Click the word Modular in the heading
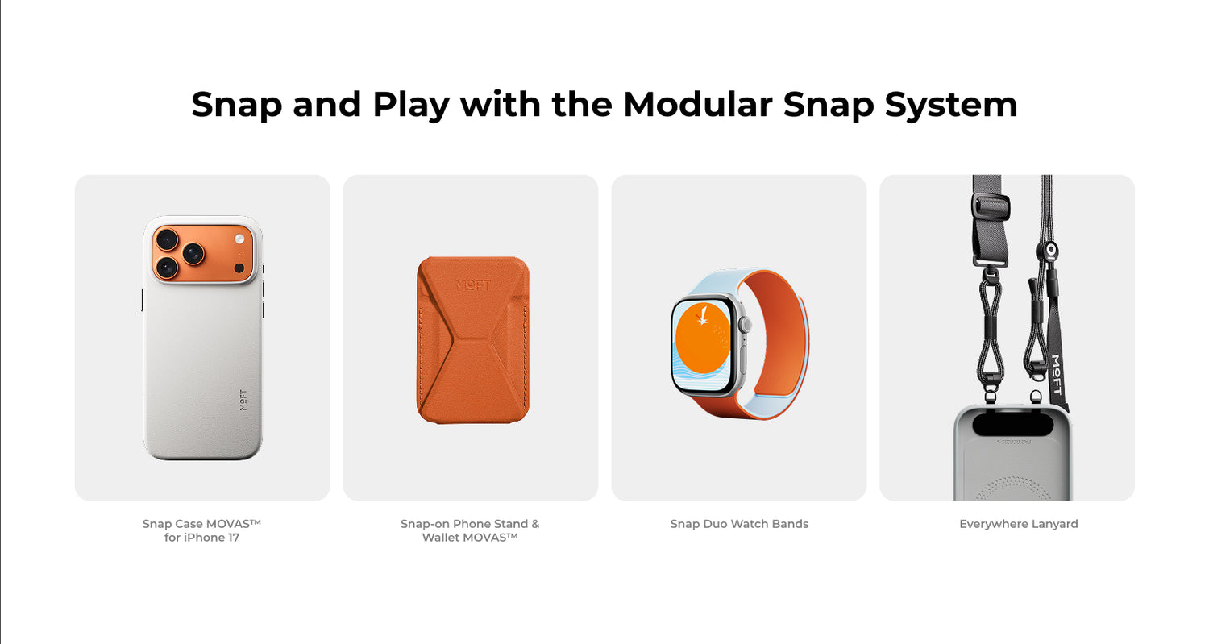[697, 104]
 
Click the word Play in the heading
[411, 106]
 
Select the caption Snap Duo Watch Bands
[739, 524]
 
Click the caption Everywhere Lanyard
[1019, 524]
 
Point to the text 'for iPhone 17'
[201, 537]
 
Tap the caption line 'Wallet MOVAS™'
[470, 537]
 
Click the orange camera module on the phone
[202, 253]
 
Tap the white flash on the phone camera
[239, 239]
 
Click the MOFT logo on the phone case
[243, 400]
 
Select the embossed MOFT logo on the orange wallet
[473, 285]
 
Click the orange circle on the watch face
[702, 338]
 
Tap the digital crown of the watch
[746, 325]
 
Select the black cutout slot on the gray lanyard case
[1012, 424]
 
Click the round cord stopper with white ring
[1051, 251]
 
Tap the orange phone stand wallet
[473, 339]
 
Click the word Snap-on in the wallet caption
[425, 524]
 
